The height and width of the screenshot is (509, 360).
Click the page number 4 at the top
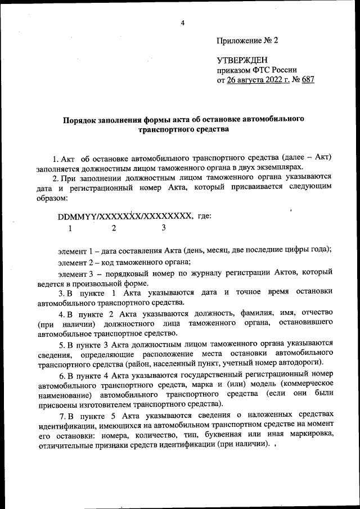coord(183,22)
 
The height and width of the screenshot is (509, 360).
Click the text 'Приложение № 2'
coord(247,41)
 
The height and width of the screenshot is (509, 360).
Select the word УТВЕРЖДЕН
coord(242,60)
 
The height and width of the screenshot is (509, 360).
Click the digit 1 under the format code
coord(70,228)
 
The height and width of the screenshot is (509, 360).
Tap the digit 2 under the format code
coord(114,228)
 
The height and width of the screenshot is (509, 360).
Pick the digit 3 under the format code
coord(164,228)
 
